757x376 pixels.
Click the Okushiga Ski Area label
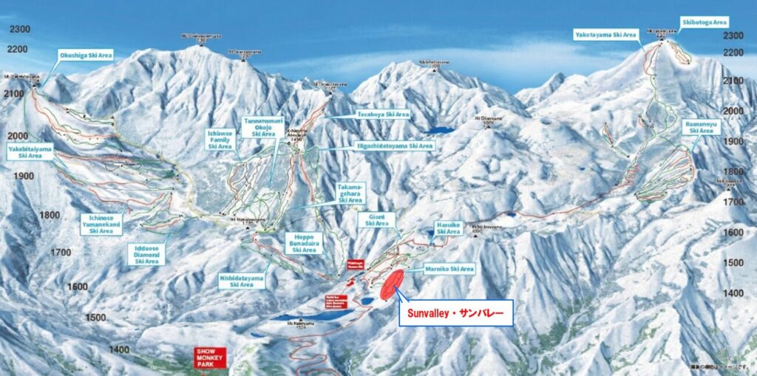coord(86,55)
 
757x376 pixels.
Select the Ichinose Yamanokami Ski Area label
coord(102,224)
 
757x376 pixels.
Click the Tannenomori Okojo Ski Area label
coord(263,127)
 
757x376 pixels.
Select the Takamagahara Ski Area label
coord(350,193)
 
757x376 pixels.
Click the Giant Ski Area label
coord(376,219)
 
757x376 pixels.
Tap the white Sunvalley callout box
coord(455,313)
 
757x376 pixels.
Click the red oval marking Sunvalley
coord(391,284)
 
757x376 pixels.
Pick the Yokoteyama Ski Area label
coord(605,35)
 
